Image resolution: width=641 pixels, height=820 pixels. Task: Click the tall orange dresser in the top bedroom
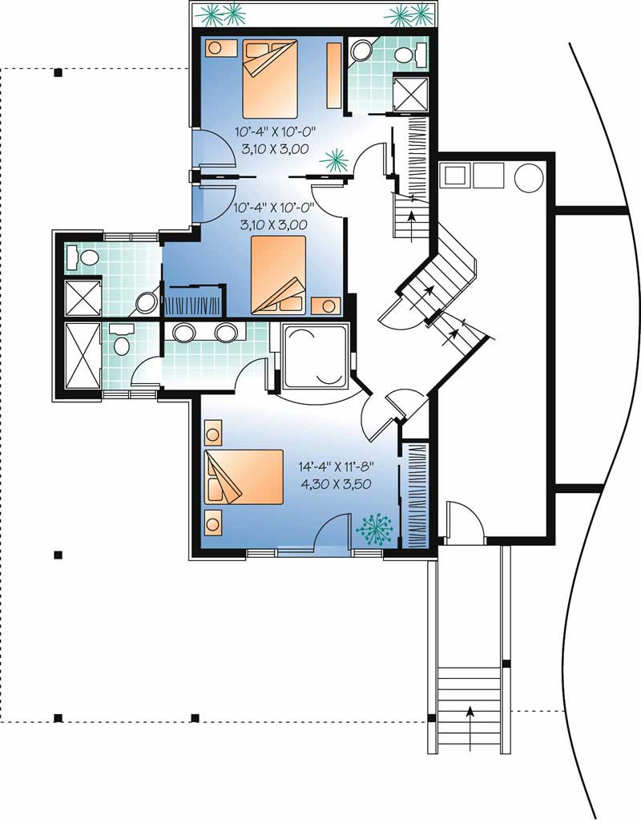coord(333,75)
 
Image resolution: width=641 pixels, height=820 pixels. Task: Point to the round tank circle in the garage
coord(529,176)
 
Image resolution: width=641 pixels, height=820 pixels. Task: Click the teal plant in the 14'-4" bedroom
coord(373,527)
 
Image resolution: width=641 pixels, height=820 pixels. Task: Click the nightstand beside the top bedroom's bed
coord(217,47)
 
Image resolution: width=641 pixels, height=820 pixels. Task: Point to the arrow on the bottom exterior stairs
coord(470,711)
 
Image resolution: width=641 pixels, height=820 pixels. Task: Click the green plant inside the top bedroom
coord(334,160)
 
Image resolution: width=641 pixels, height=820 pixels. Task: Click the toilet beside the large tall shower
coord(121,339)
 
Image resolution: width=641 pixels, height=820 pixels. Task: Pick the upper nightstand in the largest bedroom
coord(213,436)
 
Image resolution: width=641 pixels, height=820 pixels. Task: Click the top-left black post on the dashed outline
coord(58,74)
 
